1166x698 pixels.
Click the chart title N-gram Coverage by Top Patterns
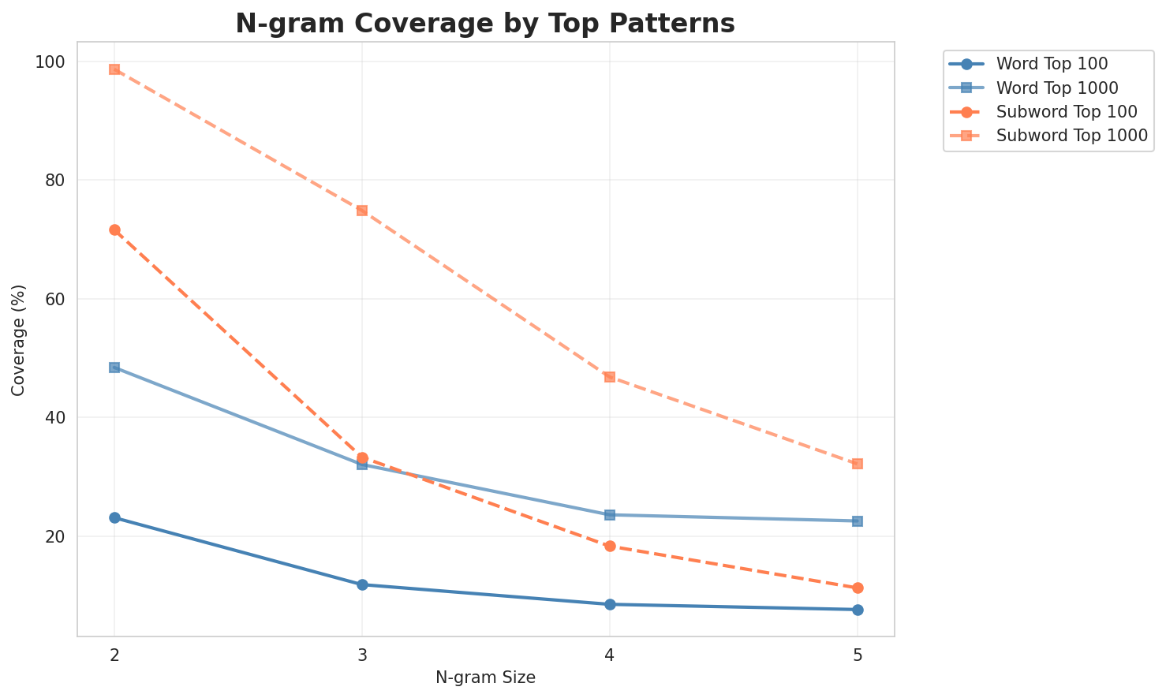click(x=485, y=24)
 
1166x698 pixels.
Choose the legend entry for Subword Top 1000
click(x=1071, y=135)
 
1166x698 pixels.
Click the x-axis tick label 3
click(x=362, y=655)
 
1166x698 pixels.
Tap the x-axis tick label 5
click(x=858, y=655)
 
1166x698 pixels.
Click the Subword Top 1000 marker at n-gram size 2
click(x=114, y=69)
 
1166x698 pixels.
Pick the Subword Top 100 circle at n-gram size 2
click(x=114, y=230)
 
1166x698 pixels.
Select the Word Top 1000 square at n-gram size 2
click(x=114, y=368)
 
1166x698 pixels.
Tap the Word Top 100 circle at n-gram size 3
click(x=362, y=584)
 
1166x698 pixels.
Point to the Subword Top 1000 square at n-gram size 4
click(x=610, y=377)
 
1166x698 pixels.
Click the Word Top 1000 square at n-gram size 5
click(x=858, y=521)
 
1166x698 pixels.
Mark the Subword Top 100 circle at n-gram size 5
click(x=858, y=588)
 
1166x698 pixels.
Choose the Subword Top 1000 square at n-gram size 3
click(x=362, y=211)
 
